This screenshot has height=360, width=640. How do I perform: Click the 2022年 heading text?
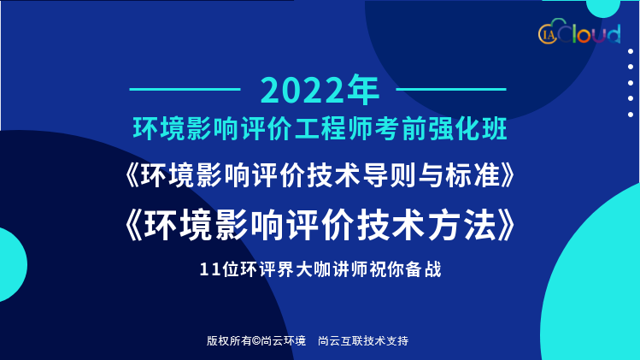click(x=320, y=90)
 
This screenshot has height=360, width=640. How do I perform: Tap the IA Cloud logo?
click(x=579, y=32)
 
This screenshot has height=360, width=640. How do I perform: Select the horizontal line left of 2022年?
click(x=185, y=89)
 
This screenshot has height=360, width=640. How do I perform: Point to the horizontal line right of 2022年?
click(x=451, y=89)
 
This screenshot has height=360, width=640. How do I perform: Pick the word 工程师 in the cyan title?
click(x=333, y=129)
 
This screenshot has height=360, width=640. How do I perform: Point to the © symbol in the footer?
click(x=256, y=340)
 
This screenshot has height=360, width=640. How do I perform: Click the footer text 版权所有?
click(x=229, y=340)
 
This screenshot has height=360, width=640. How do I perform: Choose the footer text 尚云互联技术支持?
click(x=363, y=340)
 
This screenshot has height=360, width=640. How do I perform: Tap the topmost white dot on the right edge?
click(x=631, y=51)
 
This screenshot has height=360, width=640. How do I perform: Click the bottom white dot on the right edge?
click(x=631, y=115)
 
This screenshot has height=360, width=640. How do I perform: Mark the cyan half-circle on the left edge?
click(x=11, y=265)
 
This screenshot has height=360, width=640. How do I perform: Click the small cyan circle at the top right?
click(x=603, y=8)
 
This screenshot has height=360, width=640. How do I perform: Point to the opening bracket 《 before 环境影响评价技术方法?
click(x=133, y=225)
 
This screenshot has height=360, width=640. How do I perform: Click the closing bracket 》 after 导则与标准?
click(x=508, y=175)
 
